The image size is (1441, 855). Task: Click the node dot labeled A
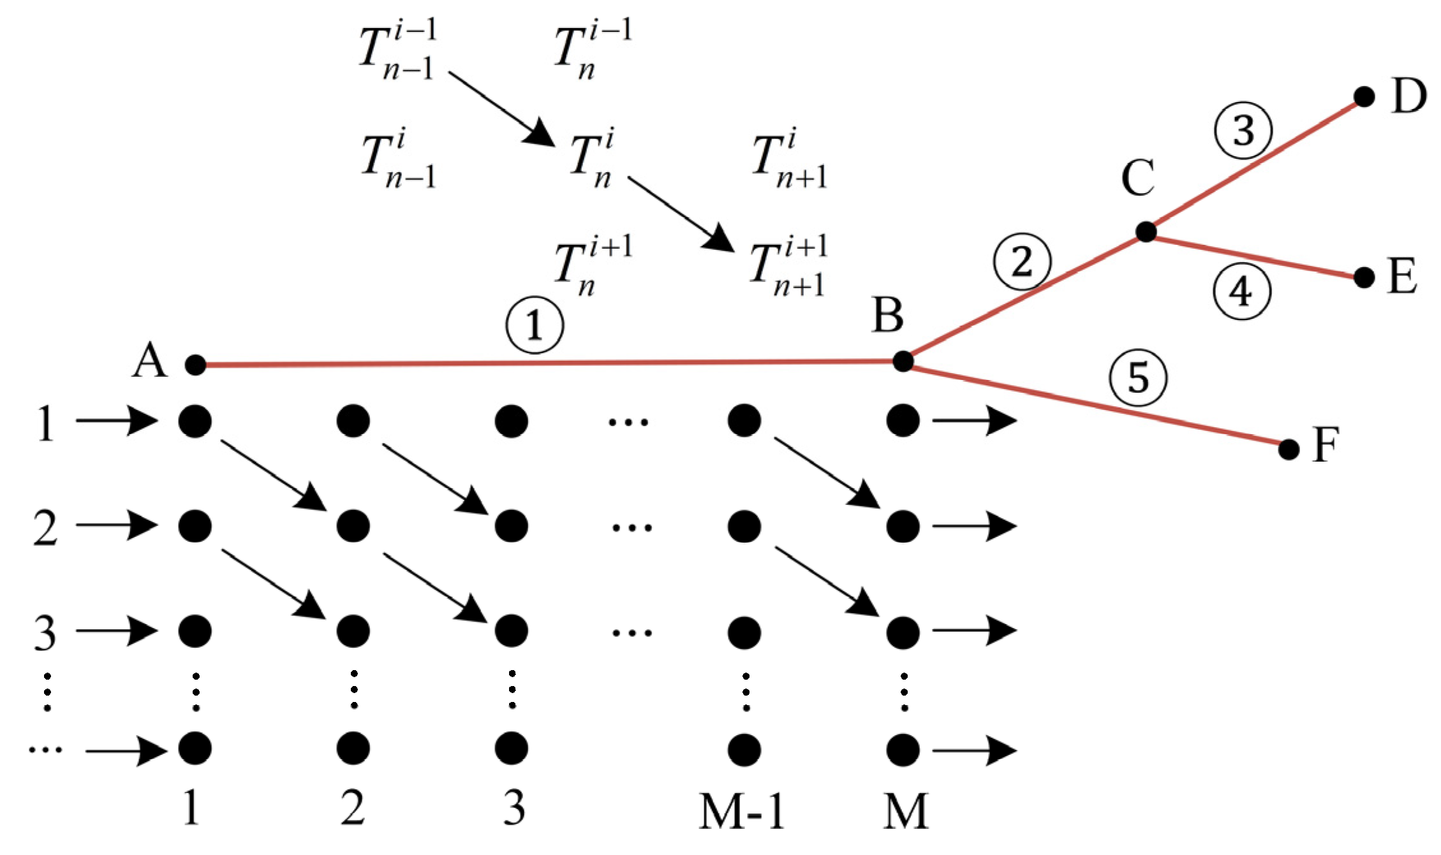(195, 365)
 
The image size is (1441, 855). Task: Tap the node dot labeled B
(903, 362)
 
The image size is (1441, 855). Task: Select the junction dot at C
(1146, 232)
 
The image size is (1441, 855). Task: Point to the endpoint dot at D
(1364, 97)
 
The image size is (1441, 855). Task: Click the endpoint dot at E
(1364, 277)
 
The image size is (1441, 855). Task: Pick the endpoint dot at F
(1289, 449)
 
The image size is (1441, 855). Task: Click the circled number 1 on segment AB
(535, 325)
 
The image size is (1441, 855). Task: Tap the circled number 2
(1022, 262)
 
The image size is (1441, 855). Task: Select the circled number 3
(1243, 131)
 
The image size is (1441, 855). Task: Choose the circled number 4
(1241, 292)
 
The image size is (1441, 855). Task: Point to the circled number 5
(1139, 378)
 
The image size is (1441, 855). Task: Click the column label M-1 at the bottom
(741, 811)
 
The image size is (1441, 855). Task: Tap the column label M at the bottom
(905, 811)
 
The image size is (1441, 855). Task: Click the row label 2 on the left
(45, 528)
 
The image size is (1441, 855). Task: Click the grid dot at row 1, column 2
(353, 421)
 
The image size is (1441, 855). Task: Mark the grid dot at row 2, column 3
(512, 526)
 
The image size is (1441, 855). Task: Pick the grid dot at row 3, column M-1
(744, 632)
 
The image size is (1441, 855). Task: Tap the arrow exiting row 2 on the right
(974, 527)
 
